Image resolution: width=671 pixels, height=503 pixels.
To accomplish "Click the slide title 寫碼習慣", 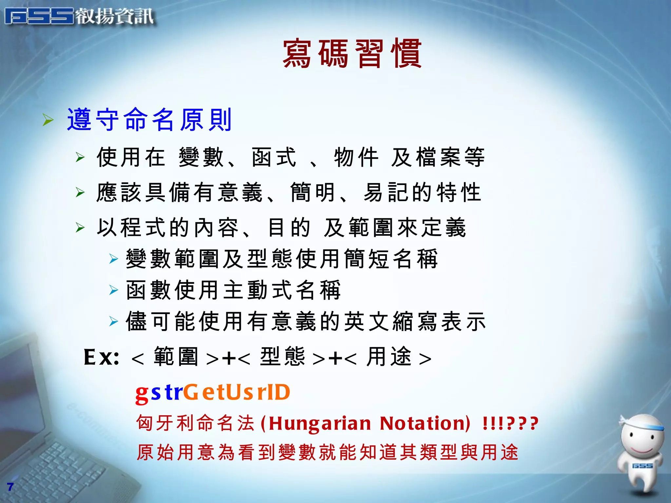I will [352, 53].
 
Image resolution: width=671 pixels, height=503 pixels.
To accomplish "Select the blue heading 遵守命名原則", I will [149, 120].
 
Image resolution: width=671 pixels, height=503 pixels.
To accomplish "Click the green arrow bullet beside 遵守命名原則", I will [48, 120].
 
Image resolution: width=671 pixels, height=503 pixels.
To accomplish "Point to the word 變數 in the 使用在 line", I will [201, 158].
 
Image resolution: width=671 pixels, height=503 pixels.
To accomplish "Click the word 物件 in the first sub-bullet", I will [356, 158].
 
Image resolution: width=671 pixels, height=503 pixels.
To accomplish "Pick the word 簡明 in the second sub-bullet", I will [313, 193].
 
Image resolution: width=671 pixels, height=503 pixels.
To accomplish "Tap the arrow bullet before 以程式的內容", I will [80, 227].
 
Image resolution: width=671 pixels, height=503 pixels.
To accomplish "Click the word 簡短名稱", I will [391, 259].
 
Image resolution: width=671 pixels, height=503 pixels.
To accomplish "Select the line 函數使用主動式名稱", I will [233, 290].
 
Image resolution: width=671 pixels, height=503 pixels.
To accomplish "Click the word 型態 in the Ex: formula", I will [282, 357].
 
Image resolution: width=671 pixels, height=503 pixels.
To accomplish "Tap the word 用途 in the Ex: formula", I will [389, 357].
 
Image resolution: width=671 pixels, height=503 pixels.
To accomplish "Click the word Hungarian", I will [320, 423].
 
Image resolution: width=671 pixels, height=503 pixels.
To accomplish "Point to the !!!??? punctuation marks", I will [510, 423].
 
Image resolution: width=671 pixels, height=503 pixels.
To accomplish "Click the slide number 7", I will [10, 487].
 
